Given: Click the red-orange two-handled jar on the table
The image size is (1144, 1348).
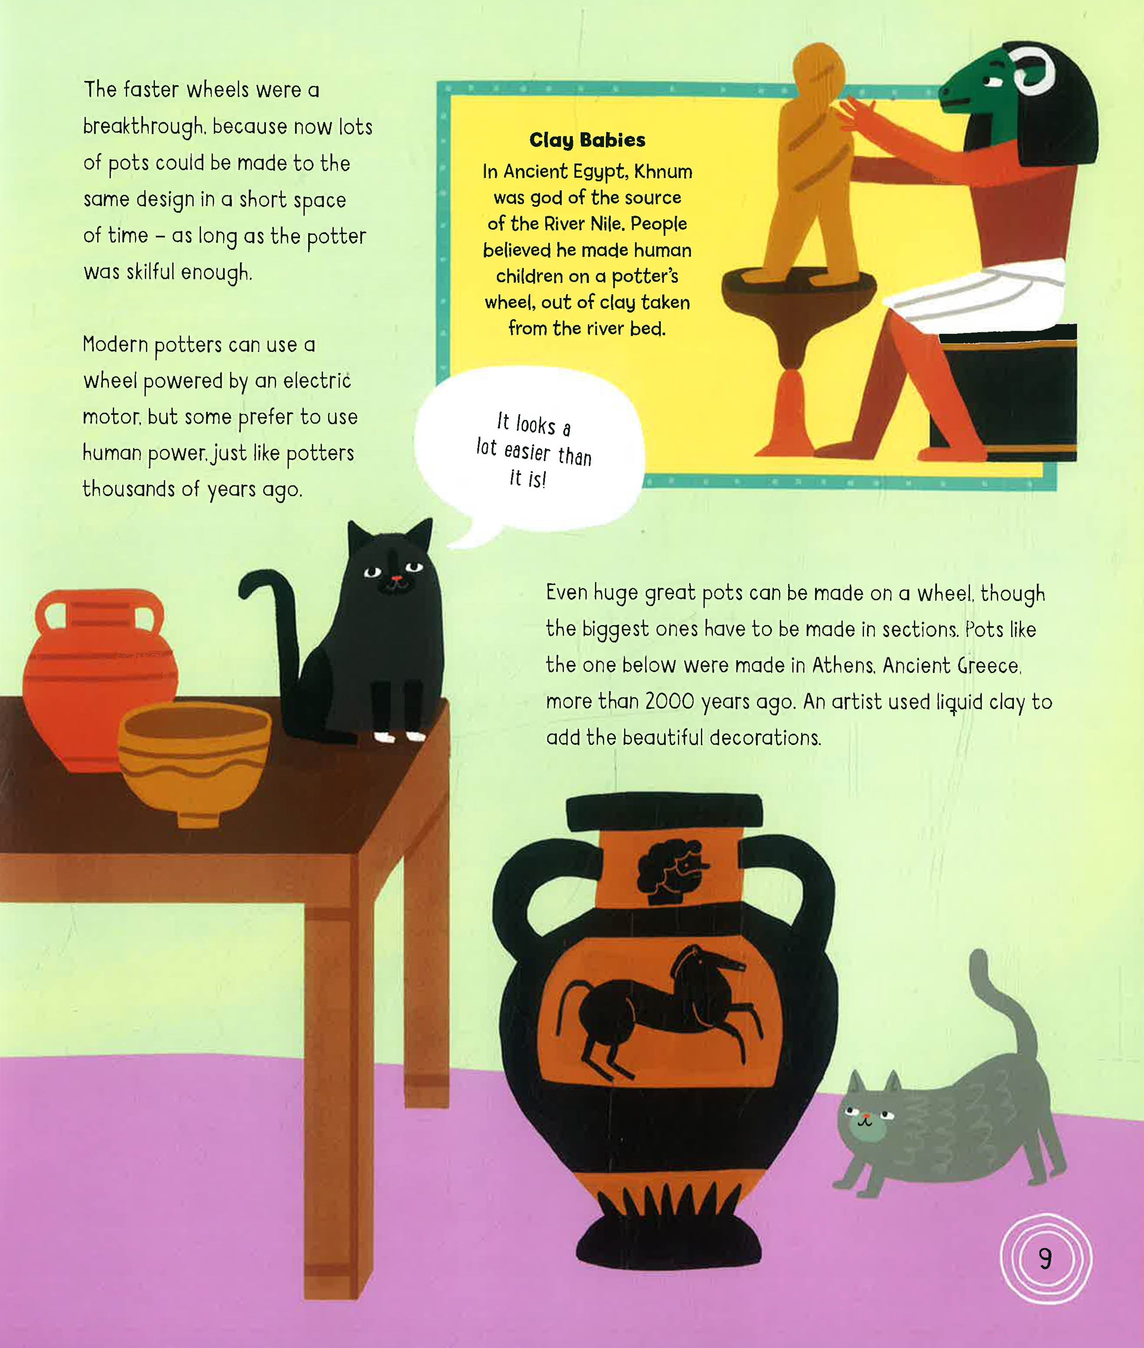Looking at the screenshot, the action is point(97,678).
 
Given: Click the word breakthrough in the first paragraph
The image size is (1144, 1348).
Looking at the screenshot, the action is point(143,126).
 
